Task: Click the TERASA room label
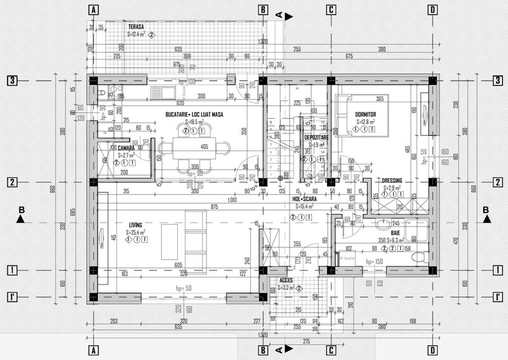(135, 27)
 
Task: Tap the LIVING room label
(135, 225)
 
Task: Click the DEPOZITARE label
(316, 137)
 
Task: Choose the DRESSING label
(392, 180)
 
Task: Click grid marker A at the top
(93, 10)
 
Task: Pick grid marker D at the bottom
(432, 350)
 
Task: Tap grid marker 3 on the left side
(11, 80)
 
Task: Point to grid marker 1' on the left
(11, 297)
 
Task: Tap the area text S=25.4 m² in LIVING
(136, 233)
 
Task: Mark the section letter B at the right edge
(486, 210)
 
